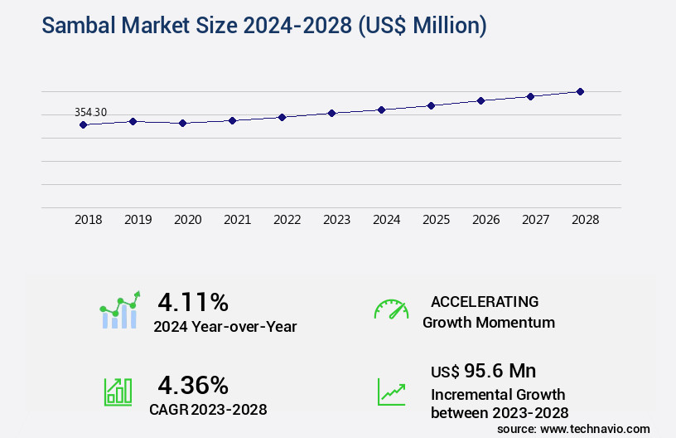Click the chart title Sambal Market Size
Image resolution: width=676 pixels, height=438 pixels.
(x=264, y=26)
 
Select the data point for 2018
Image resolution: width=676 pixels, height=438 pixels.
(x=83, y=124)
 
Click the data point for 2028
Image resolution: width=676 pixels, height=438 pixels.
(x=580, y=91)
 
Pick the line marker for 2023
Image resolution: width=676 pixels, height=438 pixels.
(x=331, y=113)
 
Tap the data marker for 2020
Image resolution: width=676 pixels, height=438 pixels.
(x=182, y=123)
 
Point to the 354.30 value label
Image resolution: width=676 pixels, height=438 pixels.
(x=90, y=112)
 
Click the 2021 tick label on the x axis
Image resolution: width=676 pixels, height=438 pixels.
(x=237, y=220)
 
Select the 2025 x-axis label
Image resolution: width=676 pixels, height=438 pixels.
(x=436, y=220)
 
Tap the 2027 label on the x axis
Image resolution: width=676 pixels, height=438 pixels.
(x=535, y=220)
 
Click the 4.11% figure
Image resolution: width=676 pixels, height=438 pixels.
(x=193, y=301)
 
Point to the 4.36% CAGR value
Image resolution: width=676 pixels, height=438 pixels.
(x=193, y=385)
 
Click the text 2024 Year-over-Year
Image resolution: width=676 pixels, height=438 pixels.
(x=225, y=327)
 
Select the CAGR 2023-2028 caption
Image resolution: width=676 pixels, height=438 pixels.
(x=208, y=409)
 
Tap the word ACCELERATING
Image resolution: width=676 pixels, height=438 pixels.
(x=485, y=301)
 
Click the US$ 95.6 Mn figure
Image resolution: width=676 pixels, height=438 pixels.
(x=483, y=370)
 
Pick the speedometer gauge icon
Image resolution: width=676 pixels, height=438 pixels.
(x=391, y=309)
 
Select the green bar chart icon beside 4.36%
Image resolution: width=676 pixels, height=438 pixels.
(x=118, y=392)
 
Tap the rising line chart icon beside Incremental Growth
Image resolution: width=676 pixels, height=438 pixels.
(x=391, y=392)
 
